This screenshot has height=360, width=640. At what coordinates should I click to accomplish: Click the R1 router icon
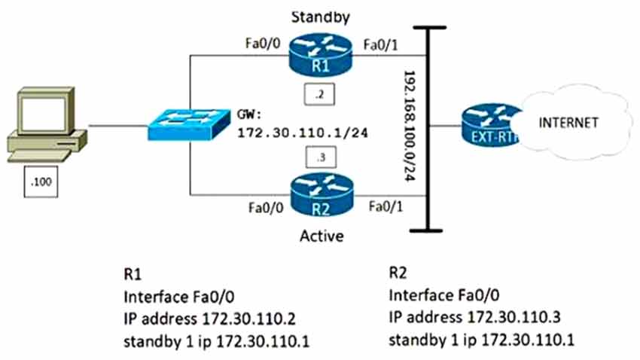[320, 56]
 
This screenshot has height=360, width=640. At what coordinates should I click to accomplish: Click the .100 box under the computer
[41, 183]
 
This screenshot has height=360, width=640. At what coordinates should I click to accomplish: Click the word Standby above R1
[319, 14]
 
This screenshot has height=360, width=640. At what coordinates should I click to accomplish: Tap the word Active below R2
[321, 236]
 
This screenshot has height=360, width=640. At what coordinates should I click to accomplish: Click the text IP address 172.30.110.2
[194, 324]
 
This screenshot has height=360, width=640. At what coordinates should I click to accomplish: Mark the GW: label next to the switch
[249, 113]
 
